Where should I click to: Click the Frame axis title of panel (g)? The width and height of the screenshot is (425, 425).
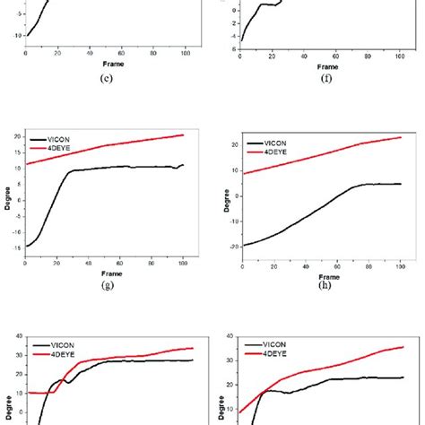tap(109, 273)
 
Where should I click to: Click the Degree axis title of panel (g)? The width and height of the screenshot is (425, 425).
tap(5, 195)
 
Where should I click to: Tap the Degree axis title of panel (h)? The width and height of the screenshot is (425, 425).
tap(218, 203)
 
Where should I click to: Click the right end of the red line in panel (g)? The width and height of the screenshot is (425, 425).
tap(183, 134)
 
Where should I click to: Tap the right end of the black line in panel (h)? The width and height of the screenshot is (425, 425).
tap(400, 184)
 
